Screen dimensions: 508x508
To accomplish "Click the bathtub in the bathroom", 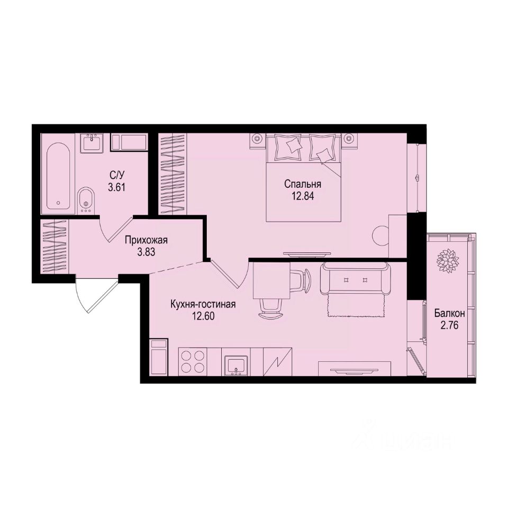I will [59, 174].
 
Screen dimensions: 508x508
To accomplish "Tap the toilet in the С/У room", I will [86, 199].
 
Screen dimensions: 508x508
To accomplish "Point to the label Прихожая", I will [146, 240].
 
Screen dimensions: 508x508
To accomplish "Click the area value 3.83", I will [146, 252].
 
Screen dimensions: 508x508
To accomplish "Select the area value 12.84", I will [303, 195].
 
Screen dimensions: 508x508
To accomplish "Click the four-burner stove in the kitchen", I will [193, 362].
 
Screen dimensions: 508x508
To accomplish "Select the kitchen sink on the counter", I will [234, 365].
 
